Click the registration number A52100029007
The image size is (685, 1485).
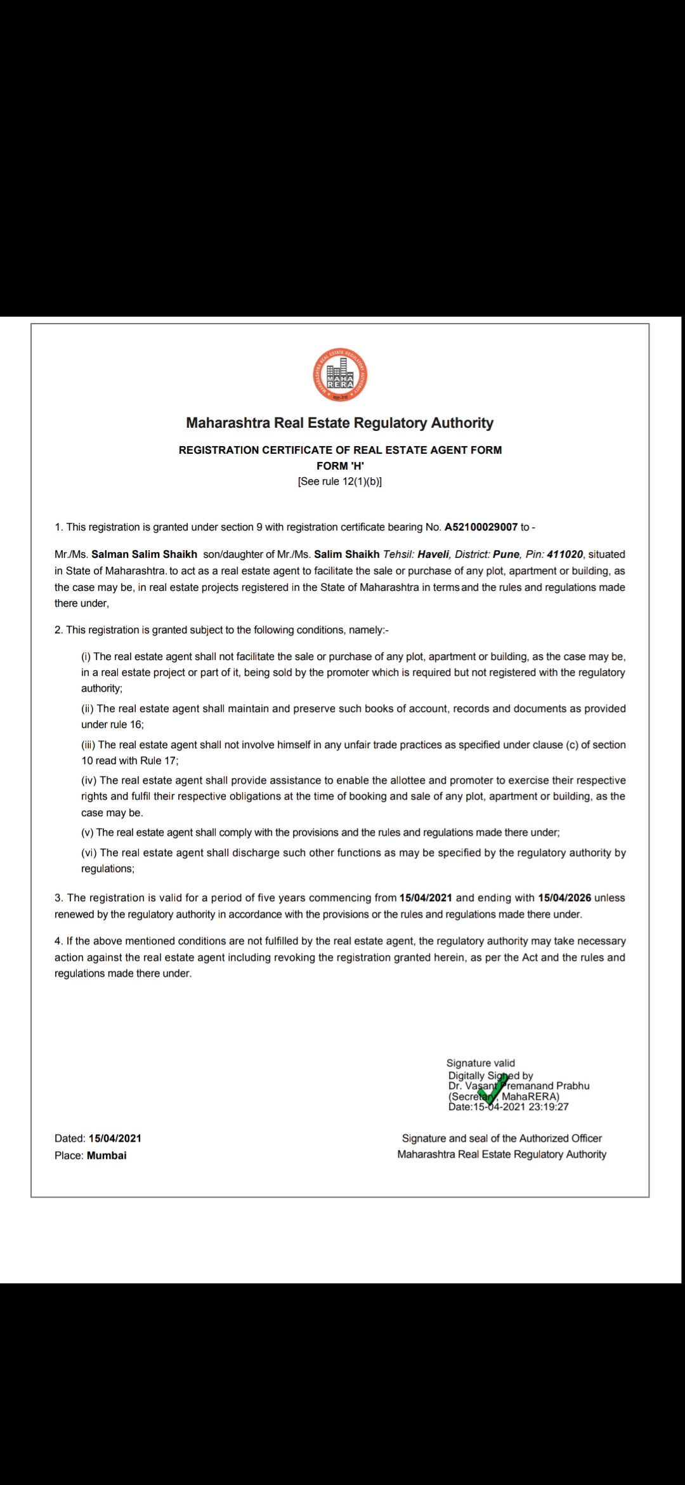click(x=481, y=527)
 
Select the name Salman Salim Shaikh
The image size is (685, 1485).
click(x=144, y=555)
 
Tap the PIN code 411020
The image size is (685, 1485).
click(x=565, y=555)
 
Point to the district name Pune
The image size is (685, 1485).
click(x=506, y=555)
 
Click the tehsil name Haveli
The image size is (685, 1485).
click(x=433, y=555)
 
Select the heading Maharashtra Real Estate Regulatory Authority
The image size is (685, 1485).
click(x=340, y=423)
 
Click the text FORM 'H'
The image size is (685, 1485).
click(x=340, y=466)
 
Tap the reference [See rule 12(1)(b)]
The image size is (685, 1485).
click(x=340, y=482)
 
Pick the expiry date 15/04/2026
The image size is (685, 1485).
click(x=564, y=898)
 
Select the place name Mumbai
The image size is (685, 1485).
click(x=107, y=1156)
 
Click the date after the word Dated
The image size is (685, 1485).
click(x=115, y=1138)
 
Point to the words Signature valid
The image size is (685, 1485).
click(x=481, y=1063)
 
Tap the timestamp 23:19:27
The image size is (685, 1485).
click(x=548, y=1107)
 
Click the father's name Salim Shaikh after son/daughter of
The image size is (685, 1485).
click(x=347, y=555)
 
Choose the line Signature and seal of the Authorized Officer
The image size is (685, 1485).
click(x=502, y=1138)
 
